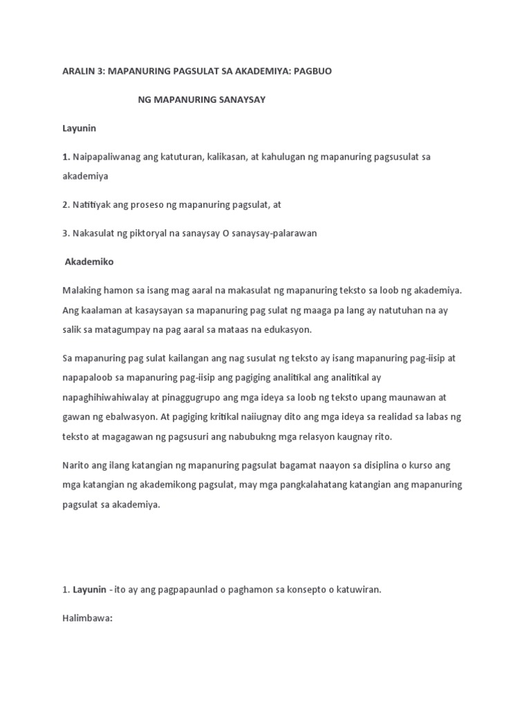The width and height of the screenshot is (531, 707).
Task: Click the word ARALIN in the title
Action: coord(78,72)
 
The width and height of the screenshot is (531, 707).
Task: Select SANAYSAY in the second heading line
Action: coord(242,100)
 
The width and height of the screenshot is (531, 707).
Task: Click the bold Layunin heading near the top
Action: coord(78,128)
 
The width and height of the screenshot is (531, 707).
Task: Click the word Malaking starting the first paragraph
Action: coord(82,291)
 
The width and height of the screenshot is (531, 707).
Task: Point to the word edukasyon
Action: coord(288,330)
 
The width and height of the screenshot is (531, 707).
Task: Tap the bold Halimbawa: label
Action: coord(87,599)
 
